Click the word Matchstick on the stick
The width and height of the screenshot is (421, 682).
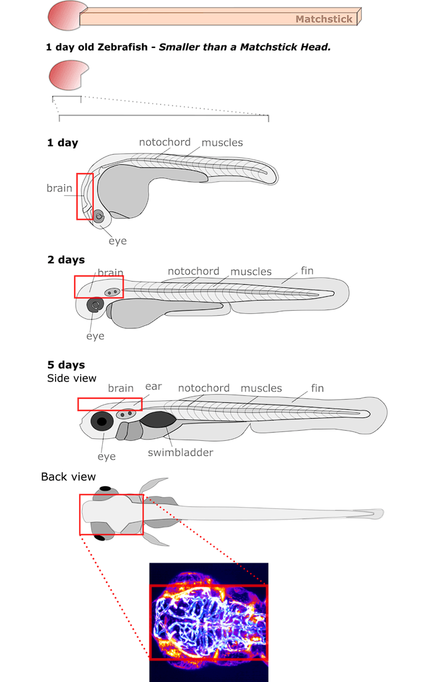324,19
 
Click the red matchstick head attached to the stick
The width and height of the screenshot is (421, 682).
64,15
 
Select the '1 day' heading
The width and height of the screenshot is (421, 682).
62,143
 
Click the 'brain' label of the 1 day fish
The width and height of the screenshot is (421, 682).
59,188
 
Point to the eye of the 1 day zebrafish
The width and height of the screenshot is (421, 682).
99,217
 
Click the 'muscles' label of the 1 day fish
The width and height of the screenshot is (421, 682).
222,143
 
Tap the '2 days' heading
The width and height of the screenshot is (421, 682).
66,260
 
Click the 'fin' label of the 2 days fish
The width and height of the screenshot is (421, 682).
307,271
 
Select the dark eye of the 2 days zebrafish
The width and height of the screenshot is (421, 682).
95,306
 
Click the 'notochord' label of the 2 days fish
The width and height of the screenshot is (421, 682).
193,272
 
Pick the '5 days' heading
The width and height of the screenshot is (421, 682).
66,365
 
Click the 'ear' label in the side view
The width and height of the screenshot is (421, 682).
153,386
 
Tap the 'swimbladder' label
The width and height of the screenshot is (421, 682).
180,452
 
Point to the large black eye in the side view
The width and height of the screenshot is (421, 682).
102,421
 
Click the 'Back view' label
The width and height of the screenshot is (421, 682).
68,476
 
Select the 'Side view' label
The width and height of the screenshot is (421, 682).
72,378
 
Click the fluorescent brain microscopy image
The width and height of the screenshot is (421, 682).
209,621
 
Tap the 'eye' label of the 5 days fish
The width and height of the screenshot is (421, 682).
107,456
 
